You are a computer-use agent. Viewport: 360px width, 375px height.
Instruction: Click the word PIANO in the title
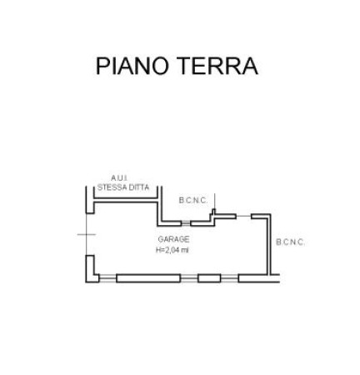point(132,66)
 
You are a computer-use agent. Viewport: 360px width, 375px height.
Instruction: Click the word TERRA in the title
point(217,66)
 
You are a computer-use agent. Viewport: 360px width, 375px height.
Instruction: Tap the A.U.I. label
point(119,178)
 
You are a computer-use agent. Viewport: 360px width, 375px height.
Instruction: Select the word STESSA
point(110,187)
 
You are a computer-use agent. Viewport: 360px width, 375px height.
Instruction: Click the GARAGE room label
point(173,239)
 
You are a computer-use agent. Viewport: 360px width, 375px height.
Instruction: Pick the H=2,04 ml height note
point(172,250)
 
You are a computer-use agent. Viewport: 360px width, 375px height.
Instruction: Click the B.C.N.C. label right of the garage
point(290,242)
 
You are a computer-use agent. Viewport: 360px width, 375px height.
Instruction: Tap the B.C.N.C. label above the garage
point(193,200)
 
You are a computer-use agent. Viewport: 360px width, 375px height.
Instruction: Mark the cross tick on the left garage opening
point(87,234)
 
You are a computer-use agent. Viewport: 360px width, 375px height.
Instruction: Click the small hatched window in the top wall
point(186,222)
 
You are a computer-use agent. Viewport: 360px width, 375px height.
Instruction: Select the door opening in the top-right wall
point(243,216)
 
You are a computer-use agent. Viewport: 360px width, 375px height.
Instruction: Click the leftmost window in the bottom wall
point(107,278)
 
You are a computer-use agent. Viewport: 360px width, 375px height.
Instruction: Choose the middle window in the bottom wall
point(189,278)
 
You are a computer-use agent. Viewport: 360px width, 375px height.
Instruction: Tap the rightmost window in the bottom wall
point(229,278)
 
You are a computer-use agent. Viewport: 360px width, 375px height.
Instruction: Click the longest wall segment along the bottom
point(148,278)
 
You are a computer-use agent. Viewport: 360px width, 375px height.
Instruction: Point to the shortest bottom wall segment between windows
point(209,278)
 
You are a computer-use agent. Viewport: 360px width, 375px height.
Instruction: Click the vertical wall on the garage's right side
point(269,244)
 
